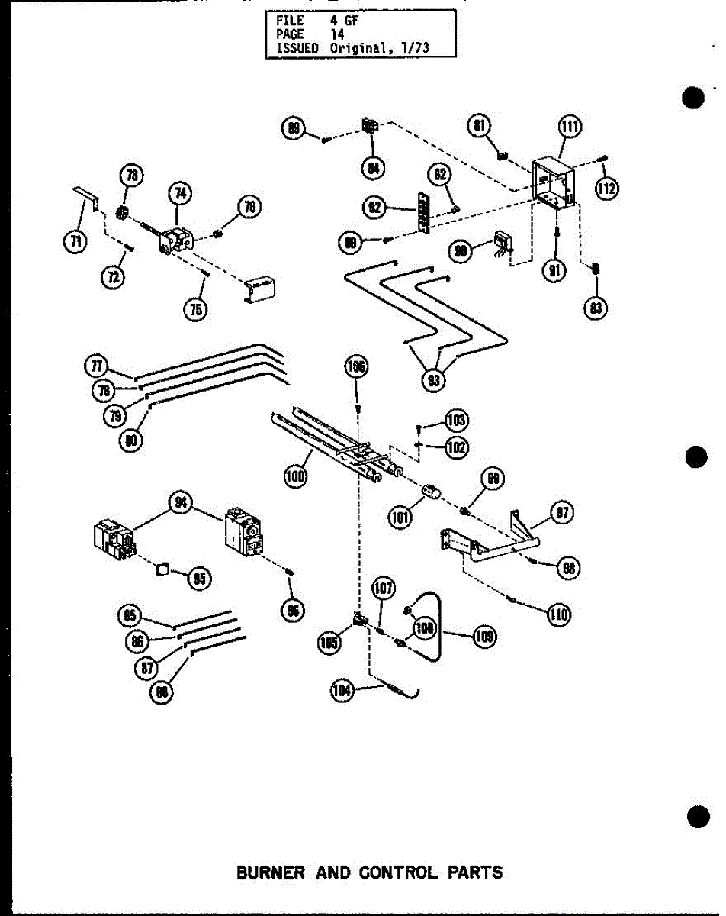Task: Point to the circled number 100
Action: (x=296, y=479)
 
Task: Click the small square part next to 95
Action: (x=161, y=569)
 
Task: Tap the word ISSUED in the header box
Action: (x=291, y=47)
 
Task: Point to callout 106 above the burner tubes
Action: (x=356, y=368)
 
